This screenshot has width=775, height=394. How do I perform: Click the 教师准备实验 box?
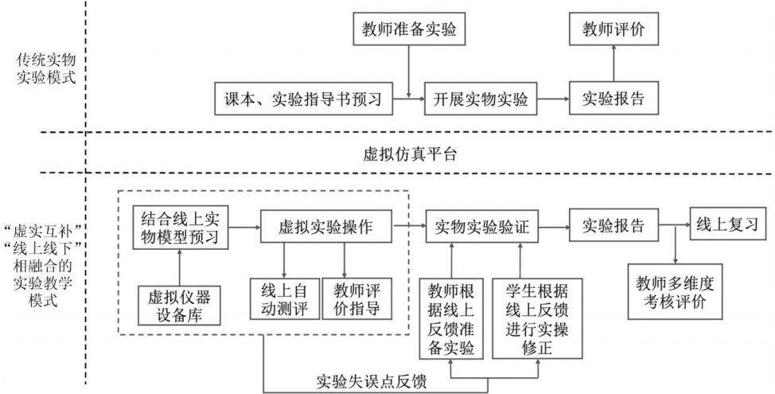click(x=410, y=29)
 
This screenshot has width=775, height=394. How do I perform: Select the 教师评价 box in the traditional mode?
click(x=613, y=29)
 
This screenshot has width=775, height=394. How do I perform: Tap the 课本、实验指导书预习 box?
click(x=303, y=99)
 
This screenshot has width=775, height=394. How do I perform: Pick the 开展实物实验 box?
click(x=481, y=99)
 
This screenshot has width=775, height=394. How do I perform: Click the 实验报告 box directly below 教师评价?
click(x=613, y=99)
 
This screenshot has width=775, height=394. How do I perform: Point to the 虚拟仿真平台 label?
click(x=409, y=154)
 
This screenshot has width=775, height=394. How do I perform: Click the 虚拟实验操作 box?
click(x=325, y=226)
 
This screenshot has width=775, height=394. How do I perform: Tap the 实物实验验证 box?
click(x=482, y=226)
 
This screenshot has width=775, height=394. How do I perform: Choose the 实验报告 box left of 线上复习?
click(x=613, y=225)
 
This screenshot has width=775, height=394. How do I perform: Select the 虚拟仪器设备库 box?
click(x=179, y=306)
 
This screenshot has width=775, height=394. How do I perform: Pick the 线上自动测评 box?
click(x=284, y=299)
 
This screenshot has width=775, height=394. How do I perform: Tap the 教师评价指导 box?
click(x=356, y=299)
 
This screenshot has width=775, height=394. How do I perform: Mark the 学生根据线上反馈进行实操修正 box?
click(x=537, y=319)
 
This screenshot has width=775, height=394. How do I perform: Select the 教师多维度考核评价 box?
click(x=674, y=291)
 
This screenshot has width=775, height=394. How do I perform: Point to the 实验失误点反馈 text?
click(x=371, y=382)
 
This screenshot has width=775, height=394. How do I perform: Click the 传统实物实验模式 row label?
click(x=46, y=69)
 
